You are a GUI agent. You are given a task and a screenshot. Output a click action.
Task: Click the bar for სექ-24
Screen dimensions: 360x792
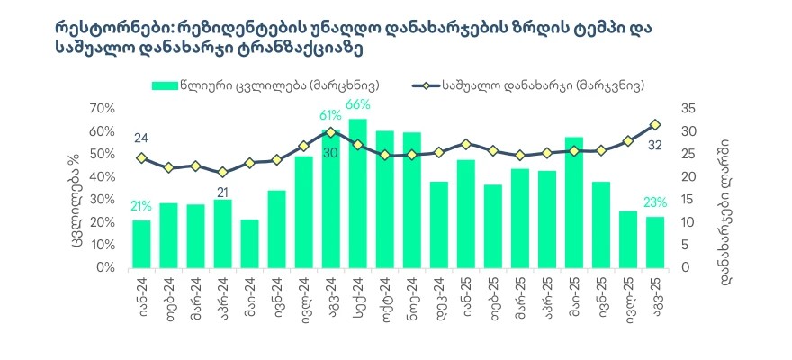point(357,193)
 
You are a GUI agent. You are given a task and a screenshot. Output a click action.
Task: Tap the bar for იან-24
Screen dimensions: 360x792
point(141,244)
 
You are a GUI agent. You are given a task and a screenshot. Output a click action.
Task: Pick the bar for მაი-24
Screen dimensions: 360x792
point(249,243)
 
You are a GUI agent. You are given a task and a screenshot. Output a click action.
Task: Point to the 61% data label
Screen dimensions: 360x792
point(329,116)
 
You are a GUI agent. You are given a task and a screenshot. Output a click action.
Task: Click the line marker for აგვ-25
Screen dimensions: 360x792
point(655,124)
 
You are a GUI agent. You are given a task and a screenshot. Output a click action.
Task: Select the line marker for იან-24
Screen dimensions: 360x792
point(141,157)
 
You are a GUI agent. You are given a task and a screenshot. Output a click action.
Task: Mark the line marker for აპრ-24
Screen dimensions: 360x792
point(222,172)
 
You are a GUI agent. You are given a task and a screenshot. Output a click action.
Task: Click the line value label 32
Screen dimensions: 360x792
point(654,144)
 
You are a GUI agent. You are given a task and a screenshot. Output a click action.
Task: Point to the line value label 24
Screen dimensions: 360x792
point(141,138)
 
